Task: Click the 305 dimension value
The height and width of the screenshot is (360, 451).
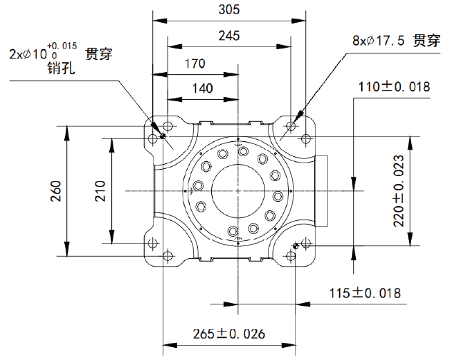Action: tap(229, 9)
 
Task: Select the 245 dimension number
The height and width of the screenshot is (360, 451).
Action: tap(229, 36)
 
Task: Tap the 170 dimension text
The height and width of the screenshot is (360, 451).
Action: tap(195, 63)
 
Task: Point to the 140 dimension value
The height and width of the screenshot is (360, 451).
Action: tap(203, 88)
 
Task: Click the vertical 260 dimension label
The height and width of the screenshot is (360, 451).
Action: tap(56, 191)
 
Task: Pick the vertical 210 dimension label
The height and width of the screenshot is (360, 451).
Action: tap(100, 191)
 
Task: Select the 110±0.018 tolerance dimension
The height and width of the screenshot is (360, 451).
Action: tap(394, 86)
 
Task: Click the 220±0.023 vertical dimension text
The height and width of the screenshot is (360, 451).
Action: tap(399, 191)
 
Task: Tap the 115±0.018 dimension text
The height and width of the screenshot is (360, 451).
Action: tap(365, 293)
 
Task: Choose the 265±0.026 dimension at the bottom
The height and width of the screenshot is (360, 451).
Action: tap(228, 334)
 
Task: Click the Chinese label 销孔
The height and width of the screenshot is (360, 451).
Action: tap(61, 68)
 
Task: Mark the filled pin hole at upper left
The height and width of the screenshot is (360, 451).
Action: tap(163, 136)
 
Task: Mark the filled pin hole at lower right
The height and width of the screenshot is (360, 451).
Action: tap(295, 245)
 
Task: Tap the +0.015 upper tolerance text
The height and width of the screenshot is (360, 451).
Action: tap(62, 46)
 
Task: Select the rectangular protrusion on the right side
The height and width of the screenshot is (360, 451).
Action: tap(322, 191)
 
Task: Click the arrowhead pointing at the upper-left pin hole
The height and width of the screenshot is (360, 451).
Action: tap(158, 129)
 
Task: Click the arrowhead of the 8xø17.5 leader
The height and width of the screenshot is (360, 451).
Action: tap(298, 115)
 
